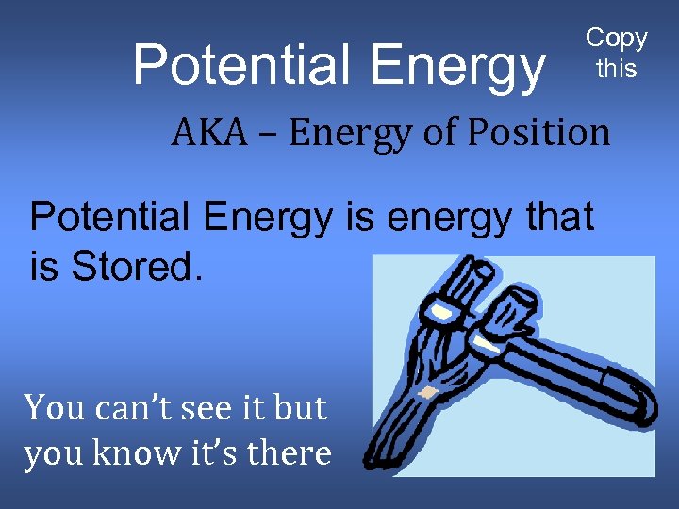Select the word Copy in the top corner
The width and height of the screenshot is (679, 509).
point(617,38)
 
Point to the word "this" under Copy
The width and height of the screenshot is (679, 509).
point(617,68)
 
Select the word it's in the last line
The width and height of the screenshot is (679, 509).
point(214,453)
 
